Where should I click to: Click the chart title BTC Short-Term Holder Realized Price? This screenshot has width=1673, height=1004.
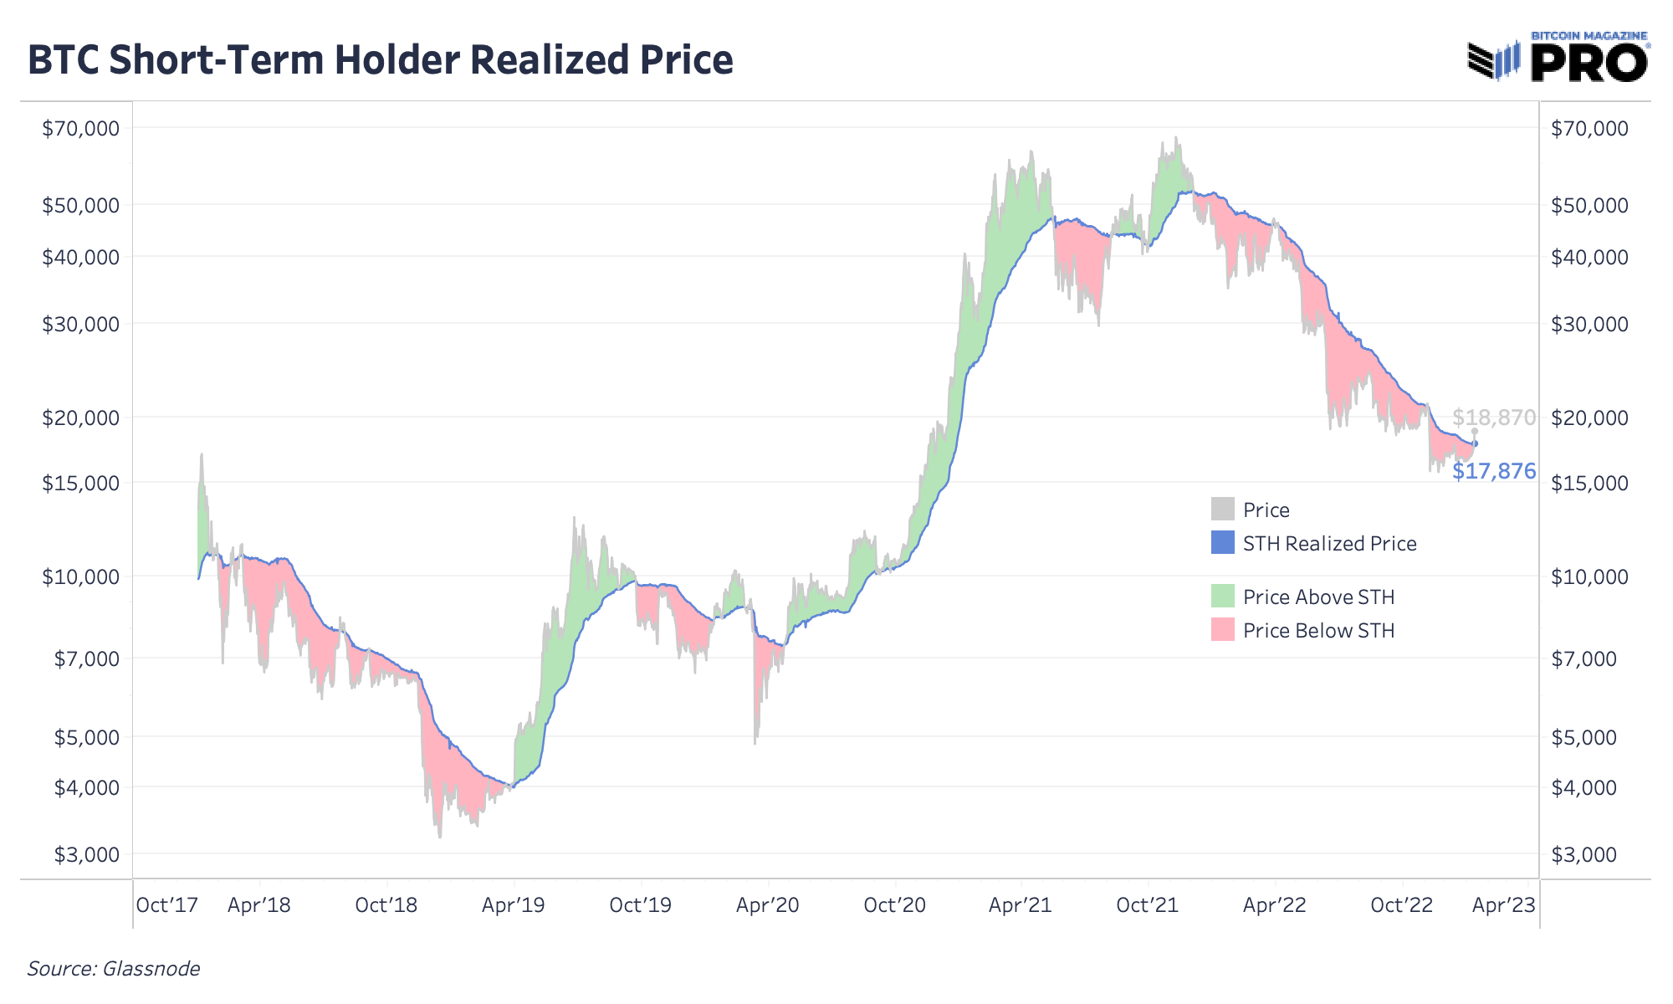[x=381, y=60]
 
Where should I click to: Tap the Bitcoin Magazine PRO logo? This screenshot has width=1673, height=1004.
[x=1558, y=59]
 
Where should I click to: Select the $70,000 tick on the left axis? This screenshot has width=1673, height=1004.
[x=81, y=128]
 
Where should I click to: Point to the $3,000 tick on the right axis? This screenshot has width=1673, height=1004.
[x=1589, y=854]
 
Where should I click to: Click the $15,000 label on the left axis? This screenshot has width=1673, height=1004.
[x=81, y=483]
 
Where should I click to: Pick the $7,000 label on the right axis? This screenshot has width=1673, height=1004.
[x=1589, y=658]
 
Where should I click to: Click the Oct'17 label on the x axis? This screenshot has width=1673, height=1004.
[x=166, y=904]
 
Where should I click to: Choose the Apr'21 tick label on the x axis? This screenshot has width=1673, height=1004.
[x=1020, y=904]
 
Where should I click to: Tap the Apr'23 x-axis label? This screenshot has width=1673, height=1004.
[x=1503, y=904]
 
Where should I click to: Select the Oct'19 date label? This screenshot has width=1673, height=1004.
[x=640, y=904]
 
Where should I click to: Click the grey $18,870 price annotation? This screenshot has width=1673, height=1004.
[x=1493, y=417]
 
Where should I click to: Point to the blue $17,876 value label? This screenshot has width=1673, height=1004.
[x=1493, y=471]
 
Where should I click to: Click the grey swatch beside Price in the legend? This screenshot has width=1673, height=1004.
[x=1222, y=509]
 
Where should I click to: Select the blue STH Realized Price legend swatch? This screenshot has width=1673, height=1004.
[x=1222, y=542]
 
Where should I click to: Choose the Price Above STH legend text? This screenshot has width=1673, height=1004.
[x=1318, y=597]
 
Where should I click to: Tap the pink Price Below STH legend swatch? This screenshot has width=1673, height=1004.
[x=1222, y=629]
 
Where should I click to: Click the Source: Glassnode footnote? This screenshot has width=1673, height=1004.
[x=114, y=969]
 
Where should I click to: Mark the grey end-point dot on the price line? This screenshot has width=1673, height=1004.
[x=1475, y=431]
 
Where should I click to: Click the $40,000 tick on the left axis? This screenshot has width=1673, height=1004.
[x=81, y=257]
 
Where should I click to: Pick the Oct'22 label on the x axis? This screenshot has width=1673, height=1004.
[x=1401, y=904]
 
